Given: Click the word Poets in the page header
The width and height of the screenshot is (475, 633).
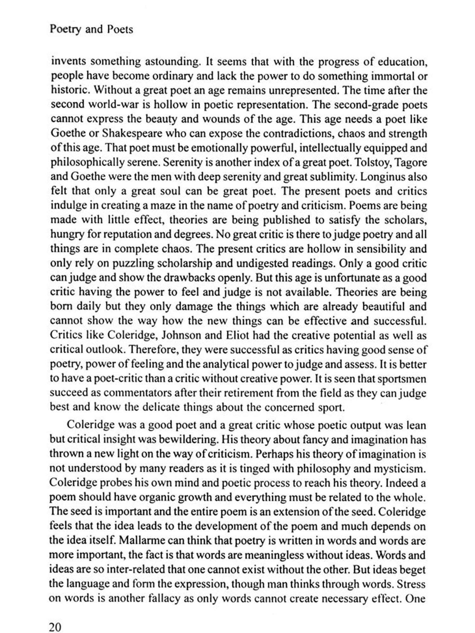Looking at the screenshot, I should point(120,29).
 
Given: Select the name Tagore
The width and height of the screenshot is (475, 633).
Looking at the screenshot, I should point(411,163).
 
